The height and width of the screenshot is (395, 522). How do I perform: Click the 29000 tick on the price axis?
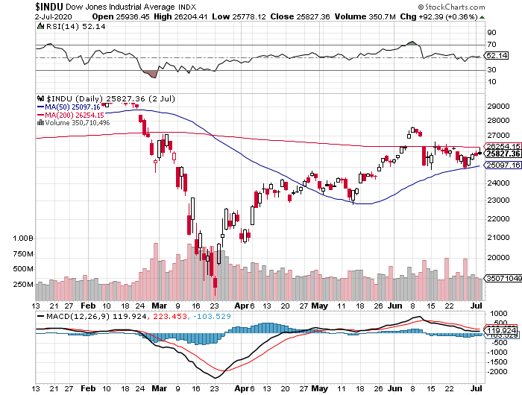tap(495, 107)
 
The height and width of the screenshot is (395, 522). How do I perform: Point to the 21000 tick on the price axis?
tap(495, 238)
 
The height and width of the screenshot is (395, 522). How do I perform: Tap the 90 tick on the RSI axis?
tap(491, 33)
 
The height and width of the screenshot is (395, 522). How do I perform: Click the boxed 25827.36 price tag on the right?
tap(501, 154)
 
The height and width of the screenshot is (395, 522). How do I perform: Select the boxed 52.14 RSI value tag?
tap(496, 55)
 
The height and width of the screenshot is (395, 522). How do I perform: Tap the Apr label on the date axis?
tap(239, 306)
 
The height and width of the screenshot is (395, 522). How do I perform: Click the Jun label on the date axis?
tap(394, 306)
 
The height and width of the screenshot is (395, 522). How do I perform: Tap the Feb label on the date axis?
tap(87, 306)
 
